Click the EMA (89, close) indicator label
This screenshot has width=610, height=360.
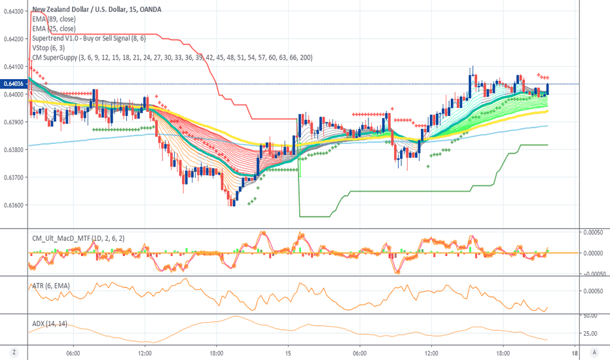point(54,19)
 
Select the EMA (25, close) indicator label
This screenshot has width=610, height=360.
point(54,28)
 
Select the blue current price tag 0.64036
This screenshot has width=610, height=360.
point(14,84)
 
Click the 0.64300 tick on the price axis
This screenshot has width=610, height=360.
point(14,11)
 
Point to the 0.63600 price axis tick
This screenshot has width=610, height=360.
point(14,205)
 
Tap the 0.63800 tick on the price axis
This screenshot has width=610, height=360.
point(14,150)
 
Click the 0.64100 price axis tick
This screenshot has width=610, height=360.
point(14,67)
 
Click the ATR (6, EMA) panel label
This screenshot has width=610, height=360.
point(51,285)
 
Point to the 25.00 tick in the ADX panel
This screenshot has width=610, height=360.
point(592,333)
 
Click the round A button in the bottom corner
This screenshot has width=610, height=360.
point(594,352)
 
